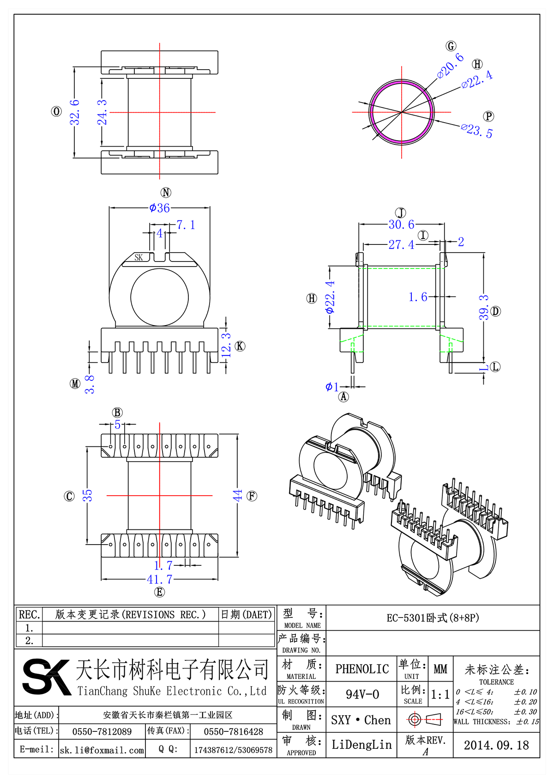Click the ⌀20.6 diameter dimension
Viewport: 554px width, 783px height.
point(450,65)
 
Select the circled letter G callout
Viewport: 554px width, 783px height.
point(451,46)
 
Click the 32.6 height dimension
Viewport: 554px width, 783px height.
point(75,112)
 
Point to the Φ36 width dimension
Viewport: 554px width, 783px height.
point(159,208)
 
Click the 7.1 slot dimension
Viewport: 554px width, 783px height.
point(186,225)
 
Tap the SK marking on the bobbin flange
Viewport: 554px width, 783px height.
point(138,258)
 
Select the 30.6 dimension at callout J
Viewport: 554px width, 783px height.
point(401,225)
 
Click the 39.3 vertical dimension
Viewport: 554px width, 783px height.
point(483,308)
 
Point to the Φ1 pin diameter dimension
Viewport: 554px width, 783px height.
point(331,387)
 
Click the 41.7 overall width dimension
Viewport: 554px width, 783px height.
point(159,579)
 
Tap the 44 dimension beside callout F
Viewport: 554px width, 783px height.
point(237,496)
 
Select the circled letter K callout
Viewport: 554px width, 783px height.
point(240,346)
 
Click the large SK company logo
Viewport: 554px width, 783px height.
point(46,676)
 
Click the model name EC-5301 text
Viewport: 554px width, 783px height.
point(433,618)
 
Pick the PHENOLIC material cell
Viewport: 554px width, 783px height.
point(362,669)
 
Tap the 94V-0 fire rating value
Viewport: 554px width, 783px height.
point(362,694)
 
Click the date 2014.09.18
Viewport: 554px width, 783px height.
point(496,745)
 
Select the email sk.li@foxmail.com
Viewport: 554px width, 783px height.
point(102,750)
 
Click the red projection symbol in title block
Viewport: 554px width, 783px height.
point(425,719)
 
